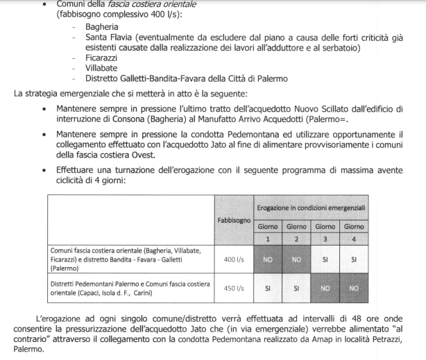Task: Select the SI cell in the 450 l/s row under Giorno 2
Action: coord(296,288)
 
